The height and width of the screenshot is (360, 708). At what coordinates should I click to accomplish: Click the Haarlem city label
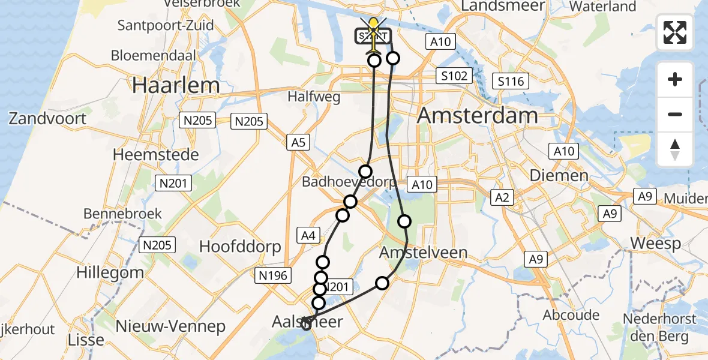tap(176, 85)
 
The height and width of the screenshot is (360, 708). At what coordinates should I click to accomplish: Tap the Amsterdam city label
tap(478, 115)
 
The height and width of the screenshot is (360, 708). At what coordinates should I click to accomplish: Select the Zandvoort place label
tap(47, 118)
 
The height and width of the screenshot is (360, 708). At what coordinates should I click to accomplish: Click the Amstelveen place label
tap(423, 253)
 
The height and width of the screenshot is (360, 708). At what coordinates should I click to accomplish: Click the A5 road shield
tap(298, 143)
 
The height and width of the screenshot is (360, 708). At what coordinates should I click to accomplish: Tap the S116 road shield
tap(510, 82)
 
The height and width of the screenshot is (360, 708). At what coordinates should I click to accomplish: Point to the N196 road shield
tap(274, 275)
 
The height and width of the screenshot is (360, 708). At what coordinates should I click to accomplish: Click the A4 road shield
tap(308, 236)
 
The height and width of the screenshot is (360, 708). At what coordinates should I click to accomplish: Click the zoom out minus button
tap(675, 114)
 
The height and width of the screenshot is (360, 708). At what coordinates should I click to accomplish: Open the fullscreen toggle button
tap(675, 32)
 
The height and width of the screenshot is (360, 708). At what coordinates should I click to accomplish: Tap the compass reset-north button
tap(675, 149)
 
